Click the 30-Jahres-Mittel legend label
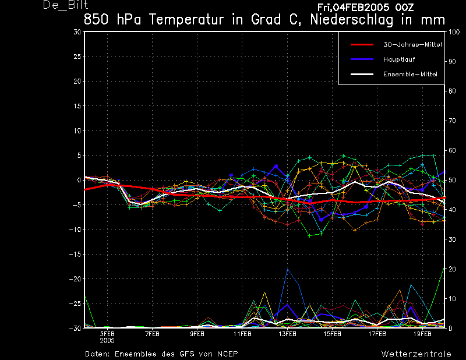(x=412, y=45)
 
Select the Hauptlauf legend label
(x=399, y=59)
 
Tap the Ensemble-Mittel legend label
(x=410, y=74)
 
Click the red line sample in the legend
(x=362, y=45)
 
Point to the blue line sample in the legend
(x=362, y=59)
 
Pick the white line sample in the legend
(x=362, y=74)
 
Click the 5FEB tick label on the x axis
(x=107, y=334)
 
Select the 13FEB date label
(x=287, y=334)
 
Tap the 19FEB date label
(x=422, y=334)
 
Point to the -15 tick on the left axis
(x=75, y=254)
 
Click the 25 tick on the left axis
(x=77, y=56)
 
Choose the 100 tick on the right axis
(x=454, y=32)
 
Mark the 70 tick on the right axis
(x=452, y=121)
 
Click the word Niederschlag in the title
(x=352, y=20)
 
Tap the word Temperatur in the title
(x=186, y=20)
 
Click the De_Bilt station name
(x=65, y=5)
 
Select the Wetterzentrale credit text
(x=416, y=354)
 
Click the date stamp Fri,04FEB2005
(x=354, y=8)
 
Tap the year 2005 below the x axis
(x=107, y=341)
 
